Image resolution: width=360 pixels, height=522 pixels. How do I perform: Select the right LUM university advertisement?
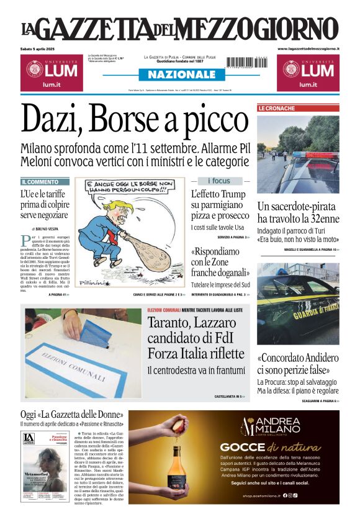308,72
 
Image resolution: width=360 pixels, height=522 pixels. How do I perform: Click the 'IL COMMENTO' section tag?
40,182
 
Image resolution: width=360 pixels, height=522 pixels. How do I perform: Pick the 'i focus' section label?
218,181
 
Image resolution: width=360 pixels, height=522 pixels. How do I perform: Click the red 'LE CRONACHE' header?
277,108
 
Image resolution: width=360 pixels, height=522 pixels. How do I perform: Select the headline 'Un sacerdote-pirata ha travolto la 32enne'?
298,212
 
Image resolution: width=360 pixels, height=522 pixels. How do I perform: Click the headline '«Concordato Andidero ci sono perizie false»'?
298,364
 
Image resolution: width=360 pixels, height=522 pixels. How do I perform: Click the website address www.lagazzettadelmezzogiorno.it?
308,48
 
